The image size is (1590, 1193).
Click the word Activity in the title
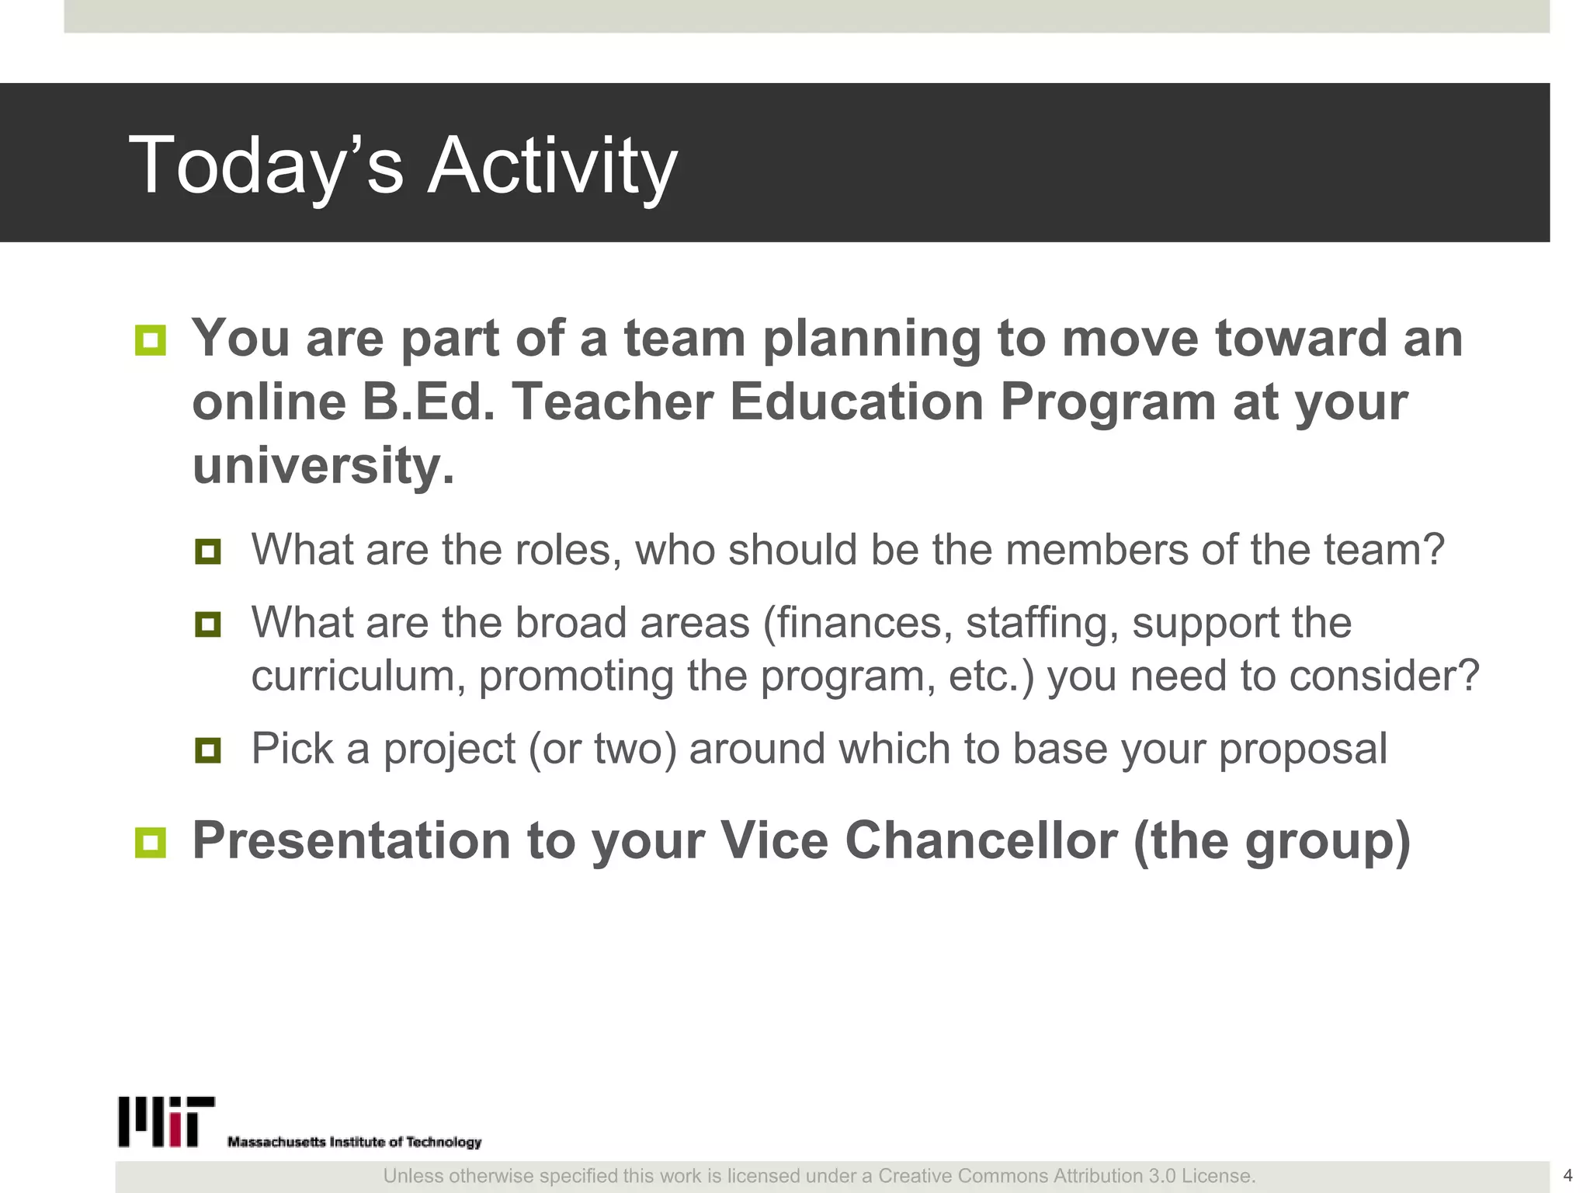(x=552, y=165)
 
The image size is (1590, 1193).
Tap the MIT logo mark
(x=166, y=1122)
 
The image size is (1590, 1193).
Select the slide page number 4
(x=1567, y=1175)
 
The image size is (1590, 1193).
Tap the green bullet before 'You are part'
(x=151, y=340)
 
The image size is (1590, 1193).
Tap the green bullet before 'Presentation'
(x=151, y=843)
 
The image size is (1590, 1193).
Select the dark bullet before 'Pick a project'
(x=208, y=750)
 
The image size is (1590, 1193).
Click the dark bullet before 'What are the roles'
(x=208, y=551)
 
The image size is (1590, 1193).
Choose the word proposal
(x=1303, y=750)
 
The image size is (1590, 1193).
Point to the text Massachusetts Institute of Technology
(x=354, y=1142)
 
